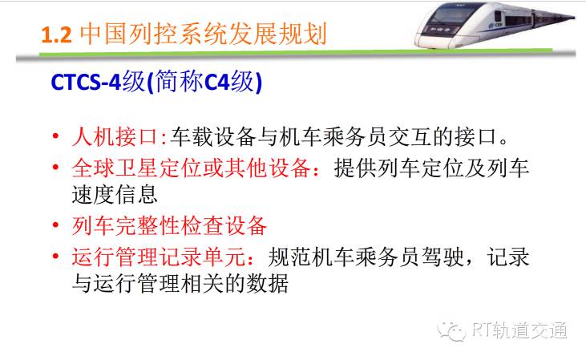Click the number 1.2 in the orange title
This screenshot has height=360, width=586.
tap(56, 34)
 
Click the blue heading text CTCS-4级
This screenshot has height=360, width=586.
tap(98, 82)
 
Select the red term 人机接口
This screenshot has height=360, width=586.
tap(115, 137)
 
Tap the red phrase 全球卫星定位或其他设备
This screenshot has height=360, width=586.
tap(191, 168)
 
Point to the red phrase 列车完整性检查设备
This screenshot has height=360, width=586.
tap(169, 226)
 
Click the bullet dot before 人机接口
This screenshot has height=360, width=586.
tap(55, 136)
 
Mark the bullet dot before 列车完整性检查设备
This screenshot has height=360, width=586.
tap(55, 224)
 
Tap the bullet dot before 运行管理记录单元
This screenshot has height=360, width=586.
tap(55, 256)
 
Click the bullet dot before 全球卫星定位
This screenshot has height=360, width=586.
tap(55, 167)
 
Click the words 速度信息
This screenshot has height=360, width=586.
tap(115, 195)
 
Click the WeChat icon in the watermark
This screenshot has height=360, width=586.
tap(451, 331)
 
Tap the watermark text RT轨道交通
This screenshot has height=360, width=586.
tap(519, 330)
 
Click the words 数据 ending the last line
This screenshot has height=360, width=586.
tap(268, 284)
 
